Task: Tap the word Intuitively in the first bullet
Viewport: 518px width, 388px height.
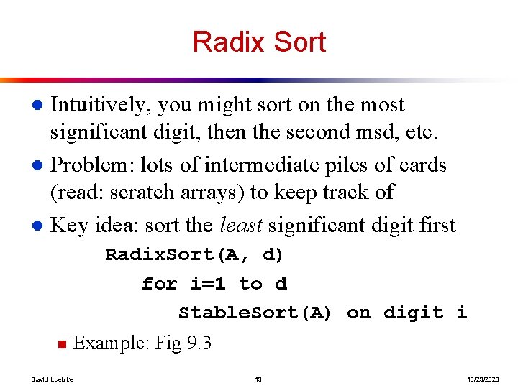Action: tap(100, 106)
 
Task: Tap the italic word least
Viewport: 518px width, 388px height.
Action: tap(243, 226)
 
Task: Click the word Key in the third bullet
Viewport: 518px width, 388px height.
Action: tap(69, 226)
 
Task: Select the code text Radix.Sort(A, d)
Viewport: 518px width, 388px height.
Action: tap(194, 255)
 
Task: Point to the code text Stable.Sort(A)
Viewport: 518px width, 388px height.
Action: tap(255, 313)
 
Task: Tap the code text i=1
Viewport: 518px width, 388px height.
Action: tap(208, 284)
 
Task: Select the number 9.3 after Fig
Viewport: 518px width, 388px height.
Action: tap(199, 343)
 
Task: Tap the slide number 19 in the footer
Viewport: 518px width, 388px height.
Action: tap(258, 378)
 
